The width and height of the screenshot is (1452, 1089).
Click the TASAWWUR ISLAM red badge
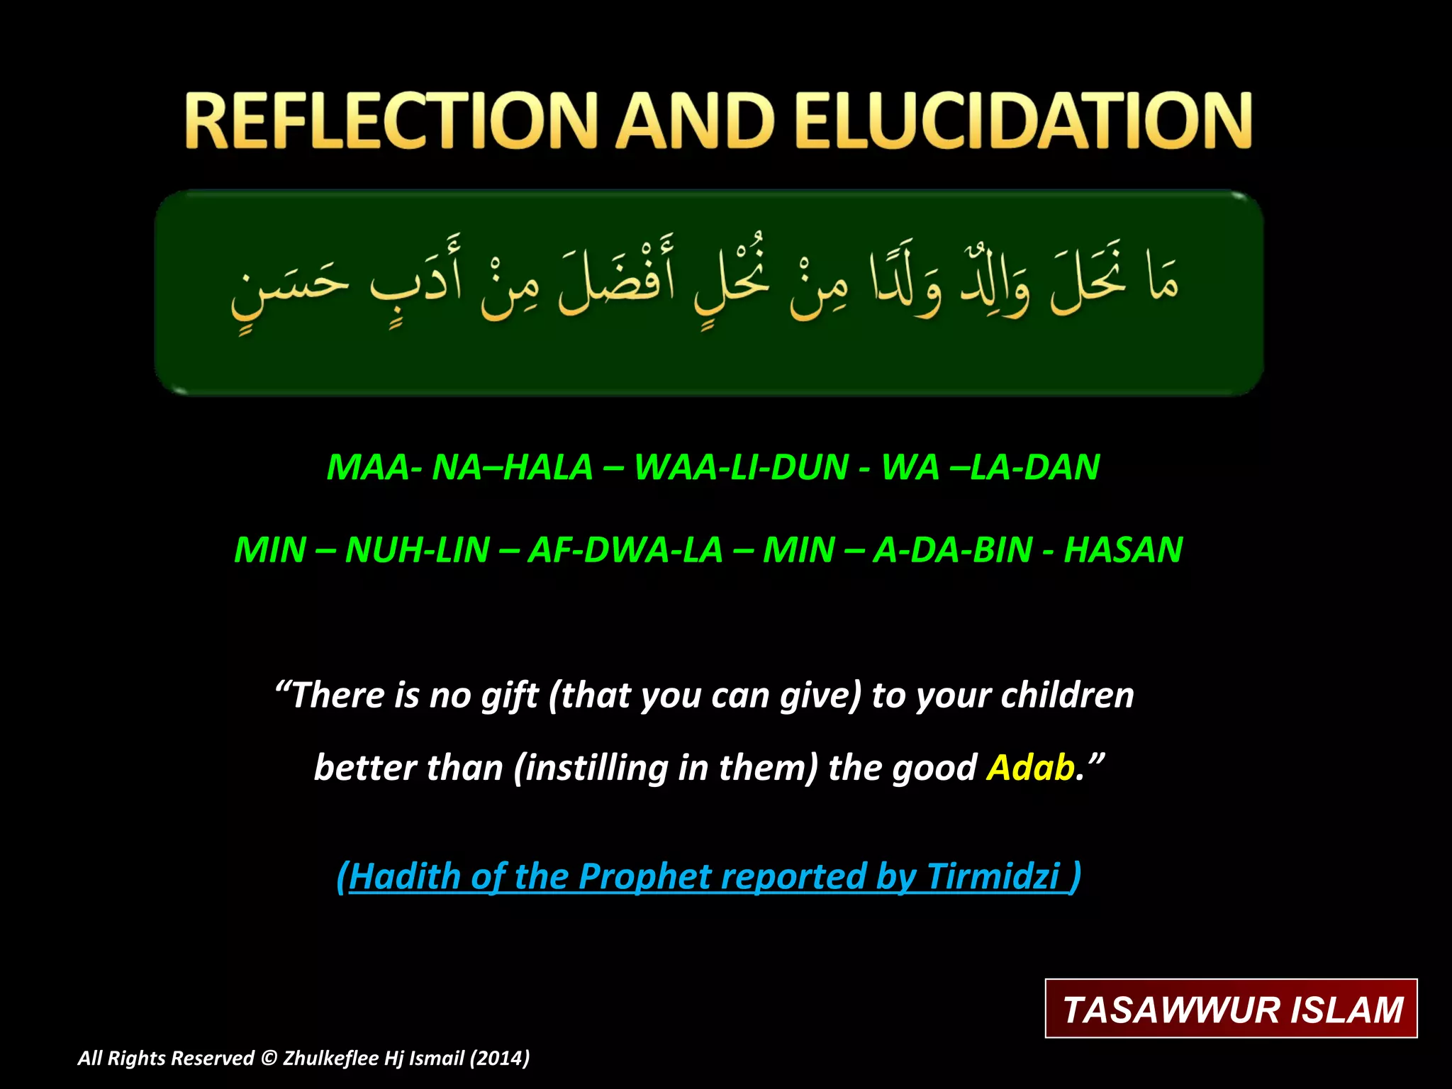tap(1232, 1009)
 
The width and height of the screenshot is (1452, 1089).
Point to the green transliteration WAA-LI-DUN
tap(742, 467)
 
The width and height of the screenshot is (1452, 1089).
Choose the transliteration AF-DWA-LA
tap(625, 550)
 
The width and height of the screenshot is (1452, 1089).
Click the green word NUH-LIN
tap(417, 550)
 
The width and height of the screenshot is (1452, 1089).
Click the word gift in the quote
tap(509, 696)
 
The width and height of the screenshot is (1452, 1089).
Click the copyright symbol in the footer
tap(268, 1059)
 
